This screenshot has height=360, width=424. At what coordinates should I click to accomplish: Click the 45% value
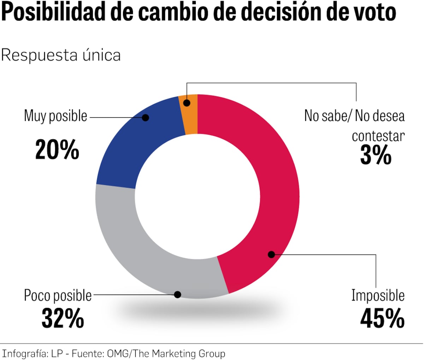tap(382, 318)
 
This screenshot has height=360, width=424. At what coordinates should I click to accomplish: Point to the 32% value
tap(63, 318)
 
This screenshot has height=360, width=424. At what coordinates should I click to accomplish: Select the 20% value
tap(57, 150)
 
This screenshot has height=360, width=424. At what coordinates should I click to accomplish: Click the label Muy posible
tap(55, 116)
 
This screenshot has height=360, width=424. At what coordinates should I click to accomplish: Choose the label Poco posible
tap(58, 295)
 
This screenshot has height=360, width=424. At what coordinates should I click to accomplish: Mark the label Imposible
tap(378, 295)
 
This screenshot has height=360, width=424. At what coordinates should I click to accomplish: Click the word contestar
tap(378, 136)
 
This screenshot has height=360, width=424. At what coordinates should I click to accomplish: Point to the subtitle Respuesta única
tap(61, 55)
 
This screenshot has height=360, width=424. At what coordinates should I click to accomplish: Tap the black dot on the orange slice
tap(187, 103)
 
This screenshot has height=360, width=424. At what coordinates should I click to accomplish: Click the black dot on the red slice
tap(271, 254)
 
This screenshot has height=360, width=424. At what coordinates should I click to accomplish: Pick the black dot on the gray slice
tap(178, 295)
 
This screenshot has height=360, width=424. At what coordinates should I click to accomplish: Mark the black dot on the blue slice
tap(146, 117)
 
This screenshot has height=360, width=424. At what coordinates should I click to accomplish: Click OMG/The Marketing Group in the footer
tap(166, 353)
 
